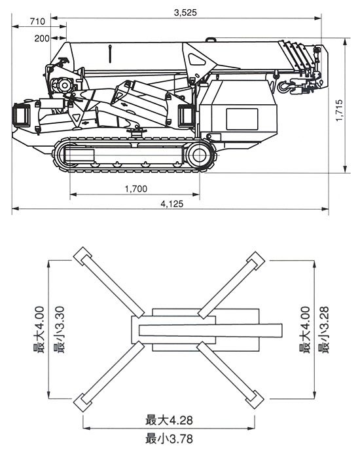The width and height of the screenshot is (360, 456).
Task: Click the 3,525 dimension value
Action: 185,12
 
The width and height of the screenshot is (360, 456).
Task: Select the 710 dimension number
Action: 37,22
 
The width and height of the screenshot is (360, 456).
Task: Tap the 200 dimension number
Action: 42,39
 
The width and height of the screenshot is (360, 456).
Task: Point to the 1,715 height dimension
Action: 339,110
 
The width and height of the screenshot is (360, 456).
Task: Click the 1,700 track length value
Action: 136,189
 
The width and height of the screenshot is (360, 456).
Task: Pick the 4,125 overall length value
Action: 172,204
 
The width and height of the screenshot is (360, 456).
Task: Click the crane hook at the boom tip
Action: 285,86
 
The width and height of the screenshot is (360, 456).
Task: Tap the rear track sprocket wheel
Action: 200,155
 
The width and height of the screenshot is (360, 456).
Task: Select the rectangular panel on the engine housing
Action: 242,119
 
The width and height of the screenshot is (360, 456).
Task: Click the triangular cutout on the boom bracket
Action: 196,60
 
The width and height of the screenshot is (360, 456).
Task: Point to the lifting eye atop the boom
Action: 211,39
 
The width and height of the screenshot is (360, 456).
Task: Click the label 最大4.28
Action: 169,420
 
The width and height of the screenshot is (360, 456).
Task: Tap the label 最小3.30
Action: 60,330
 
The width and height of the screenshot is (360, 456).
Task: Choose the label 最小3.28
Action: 323,330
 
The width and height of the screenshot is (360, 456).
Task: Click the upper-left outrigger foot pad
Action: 82,256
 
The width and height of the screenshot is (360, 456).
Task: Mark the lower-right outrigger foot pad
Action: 255,400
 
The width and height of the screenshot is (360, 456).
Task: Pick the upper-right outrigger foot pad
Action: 256,261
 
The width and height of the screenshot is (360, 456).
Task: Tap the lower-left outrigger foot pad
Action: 82,403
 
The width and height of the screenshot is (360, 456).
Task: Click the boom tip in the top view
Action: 281,331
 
